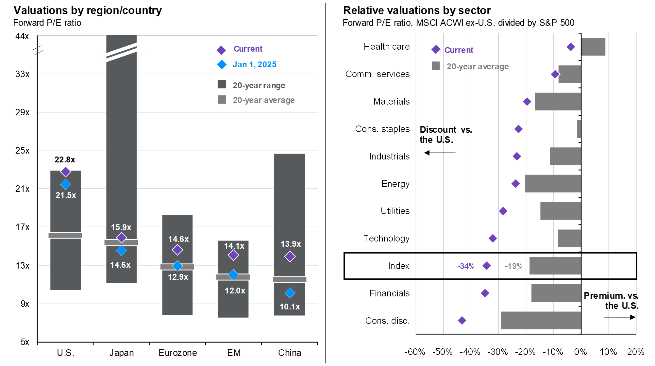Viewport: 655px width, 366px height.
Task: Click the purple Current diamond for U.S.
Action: click(x=65, y=172)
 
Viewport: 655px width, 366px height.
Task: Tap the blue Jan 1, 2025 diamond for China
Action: click(x=290, y=293)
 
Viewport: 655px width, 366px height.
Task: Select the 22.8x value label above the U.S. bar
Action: click(x=65, y=160)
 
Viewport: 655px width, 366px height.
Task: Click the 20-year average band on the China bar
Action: click(x=290, y=280)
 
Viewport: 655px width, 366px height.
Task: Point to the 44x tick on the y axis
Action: click(x=22, y=36)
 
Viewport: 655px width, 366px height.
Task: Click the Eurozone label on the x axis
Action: click(x=177, y=353)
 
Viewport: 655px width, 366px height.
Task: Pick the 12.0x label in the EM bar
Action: click(x=235, y=291)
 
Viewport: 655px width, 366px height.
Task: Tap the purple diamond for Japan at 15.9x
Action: click(x=121, y=238)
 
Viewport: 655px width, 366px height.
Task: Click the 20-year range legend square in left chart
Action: click(x=222, y=84)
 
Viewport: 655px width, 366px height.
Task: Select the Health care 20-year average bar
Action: click(x=593, y=47)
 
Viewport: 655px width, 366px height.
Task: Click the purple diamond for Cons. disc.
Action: click(x=462, y=320)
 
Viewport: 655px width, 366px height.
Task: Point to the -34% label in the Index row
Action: click(x=465, y=266)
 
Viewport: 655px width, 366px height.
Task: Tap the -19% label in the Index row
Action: click(x=513, y=266)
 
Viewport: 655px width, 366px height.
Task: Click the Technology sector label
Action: click(x=386, y=239)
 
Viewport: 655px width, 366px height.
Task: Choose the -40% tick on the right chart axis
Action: click(x=470, y=352)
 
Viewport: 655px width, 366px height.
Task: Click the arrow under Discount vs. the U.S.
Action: click(x=440, y=153)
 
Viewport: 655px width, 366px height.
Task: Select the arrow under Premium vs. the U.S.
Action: click(x=619, y=317)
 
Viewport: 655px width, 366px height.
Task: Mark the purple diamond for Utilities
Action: click(x=503, y=211)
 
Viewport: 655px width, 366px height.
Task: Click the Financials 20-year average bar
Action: click(x=556, y=293)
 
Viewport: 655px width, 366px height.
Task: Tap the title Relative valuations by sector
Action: click(x=417, y=10)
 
